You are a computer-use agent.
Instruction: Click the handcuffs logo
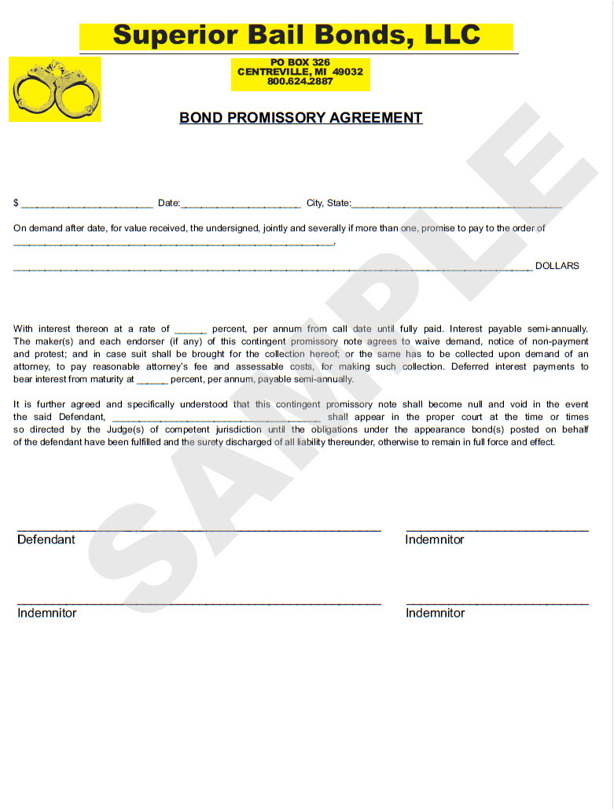click(x=55, y=89)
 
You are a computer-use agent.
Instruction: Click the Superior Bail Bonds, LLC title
click(x=296, y=35)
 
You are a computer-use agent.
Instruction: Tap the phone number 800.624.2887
click(x=300, y=82)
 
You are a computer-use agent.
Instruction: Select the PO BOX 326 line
click(x=300, y=62)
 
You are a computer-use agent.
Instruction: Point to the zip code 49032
click(x=347, y=72)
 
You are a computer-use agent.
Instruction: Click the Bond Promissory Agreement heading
click(x=300, y=118)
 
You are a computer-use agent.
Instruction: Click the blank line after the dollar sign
click(x=86, y=204)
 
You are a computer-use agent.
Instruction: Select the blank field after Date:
click(x=241, y=204)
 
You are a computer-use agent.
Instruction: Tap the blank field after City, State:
click(x=457, y=204)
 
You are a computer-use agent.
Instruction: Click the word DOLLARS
click(x=557, y=266)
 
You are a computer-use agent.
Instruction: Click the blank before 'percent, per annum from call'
click(x=190, y=330)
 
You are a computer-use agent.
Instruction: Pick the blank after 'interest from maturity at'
click(x=152, y=381)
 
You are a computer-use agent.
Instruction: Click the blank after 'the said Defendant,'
click(x=216, y=418)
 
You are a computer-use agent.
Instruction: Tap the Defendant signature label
click(x=46, y=539)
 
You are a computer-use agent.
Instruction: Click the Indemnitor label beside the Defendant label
click(x=435, y=539)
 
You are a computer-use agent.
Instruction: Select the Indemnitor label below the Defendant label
click(x=47, y=613)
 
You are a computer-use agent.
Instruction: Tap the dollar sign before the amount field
click(x=16, y=203)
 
